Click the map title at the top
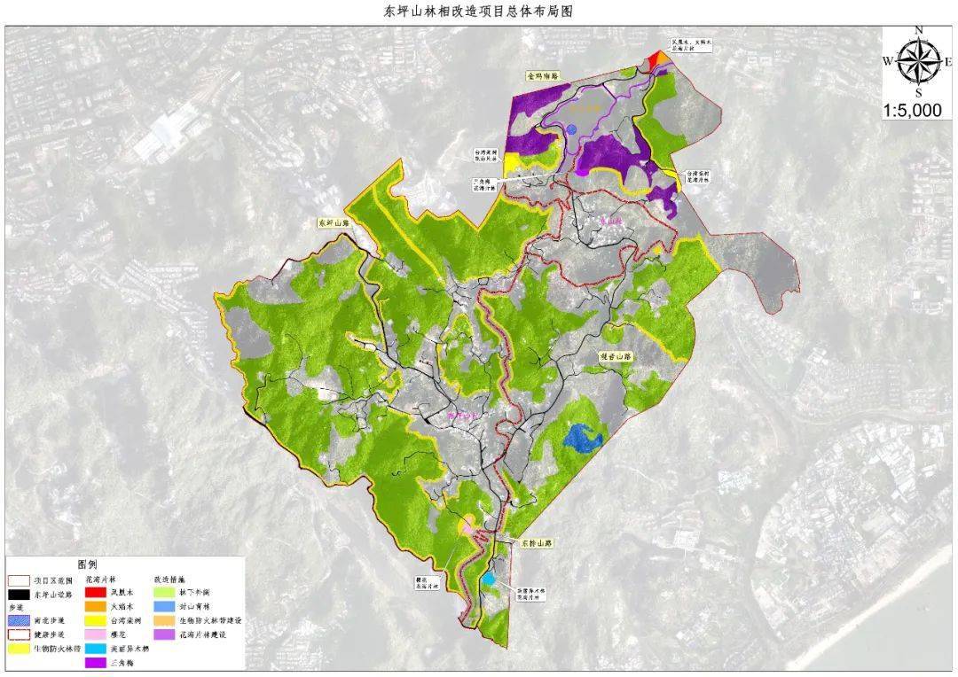click(478, 12)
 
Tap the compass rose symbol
click(918, 61)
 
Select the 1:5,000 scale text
click(918, 111)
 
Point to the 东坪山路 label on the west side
click(333, 223)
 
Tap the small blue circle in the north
click(572, 129)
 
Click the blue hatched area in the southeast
click(583, 436)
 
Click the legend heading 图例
click(87, 564)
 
